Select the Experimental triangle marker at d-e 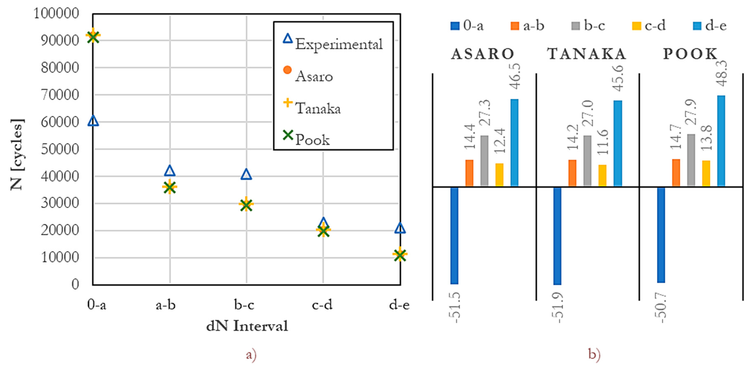pyautogui.click(x=400, y=228)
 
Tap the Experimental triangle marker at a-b pyautogui.click(x=170, y=171)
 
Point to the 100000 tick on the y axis pyautogui.click(x=56, y=13)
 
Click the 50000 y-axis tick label pyautogui.click(x=60, y=149)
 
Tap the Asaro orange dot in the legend pyautogui.click(x=287, y=70)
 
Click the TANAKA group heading pyautogui.click(x=587, y=54)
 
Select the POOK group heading pyautogui.click(x=690, y=54)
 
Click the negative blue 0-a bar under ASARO pyautogui.click(x=454, y=235)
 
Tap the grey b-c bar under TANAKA pyautogui.click(x=587, y=161)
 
